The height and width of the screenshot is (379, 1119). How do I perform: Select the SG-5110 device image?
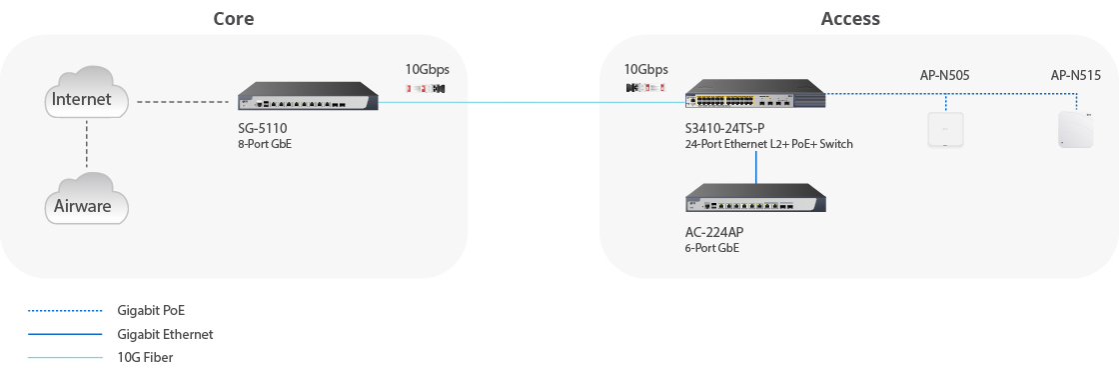click(309, 99)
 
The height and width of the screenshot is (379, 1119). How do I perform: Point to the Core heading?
click(234, 19)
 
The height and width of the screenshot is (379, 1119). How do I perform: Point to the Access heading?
click(850, 19)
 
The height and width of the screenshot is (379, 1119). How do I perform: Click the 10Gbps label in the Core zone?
click(427, 70)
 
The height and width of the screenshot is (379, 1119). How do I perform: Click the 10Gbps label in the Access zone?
click(645, 70)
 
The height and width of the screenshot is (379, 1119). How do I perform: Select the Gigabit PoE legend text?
click(151, 311)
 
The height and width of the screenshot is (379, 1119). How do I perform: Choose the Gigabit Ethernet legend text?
click(165, 334)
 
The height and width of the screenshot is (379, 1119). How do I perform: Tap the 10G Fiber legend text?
click(146, 357)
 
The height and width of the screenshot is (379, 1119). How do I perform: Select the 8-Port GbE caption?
click(258, 144)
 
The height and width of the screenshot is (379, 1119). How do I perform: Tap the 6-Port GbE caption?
click(712, 248)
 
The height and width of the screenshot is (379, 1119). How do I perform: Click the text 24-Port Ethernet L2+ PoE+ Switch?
click(768, 144)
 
